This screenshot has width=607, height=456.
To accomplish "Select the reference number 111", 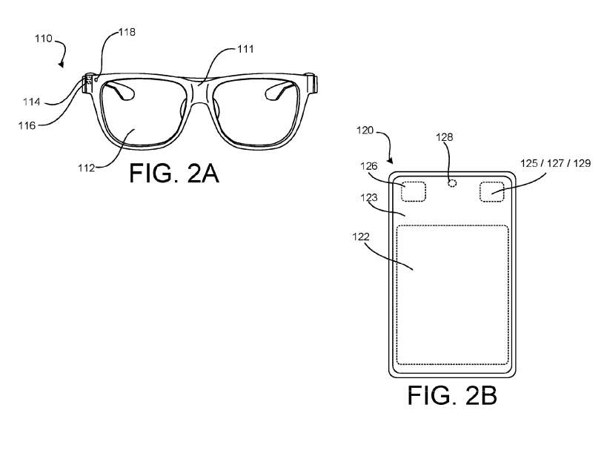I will (x=245, y=50).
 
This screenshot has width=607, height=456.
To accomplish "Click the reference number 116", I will (x=27, y=125).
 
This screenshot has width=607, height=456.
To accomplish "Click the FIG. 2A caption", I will (x=173, y=173).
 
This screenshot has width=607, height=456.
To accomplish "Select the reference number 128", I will (x=444, y=136).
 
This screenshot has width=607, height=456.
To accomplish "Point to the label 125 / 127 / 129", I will (x=556, y=163).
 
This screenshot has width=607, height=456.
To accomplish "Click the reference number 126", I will (x=368, y=167).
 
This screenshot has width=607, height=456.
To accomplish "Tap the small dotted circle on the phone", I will (x=452, y=182).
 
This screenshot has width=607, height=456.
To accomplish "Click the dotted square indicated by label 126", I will (x=414, y=191).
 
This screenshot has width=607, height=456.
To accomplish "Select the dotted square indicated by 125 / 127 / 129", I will (x=492, y=191).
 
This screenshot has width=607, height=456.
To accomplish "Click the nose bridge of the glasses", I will (x=198, y=94).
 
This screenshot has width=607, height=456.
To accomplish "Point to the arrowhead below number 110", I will (x=62, y=66).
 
